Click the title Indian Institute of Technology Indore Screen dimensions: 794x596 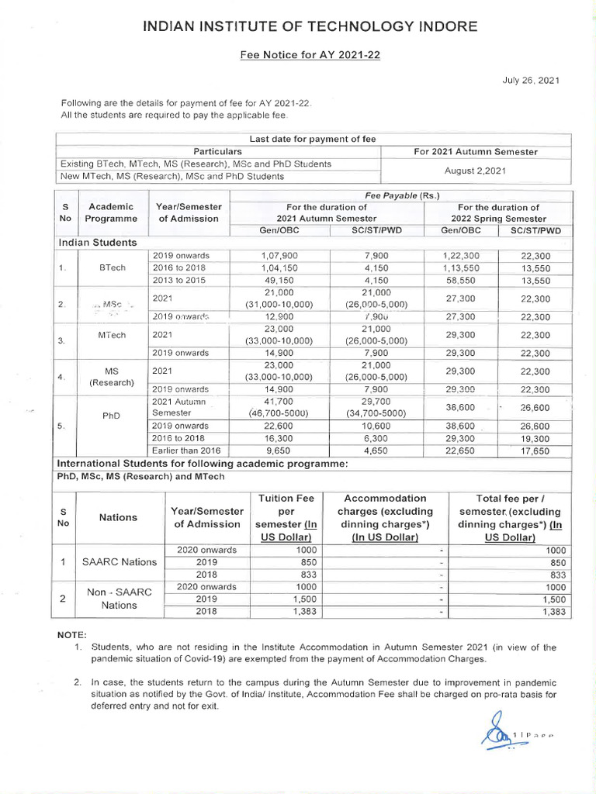(310, 28)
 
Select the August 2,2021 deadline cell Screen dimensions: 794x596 (476, 170)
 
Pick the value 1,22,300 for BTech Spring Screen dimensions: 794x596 (461, 255)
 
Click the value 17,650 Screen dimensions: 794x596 (535, 451)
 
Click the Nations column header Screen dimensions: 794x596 (120, 517)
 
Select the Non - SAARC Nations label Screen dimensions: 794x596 (120, 598)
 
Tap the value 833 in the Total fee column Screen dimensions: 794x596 (553, 575)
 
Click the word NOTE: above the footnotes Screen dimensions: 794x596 (73, 634)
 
